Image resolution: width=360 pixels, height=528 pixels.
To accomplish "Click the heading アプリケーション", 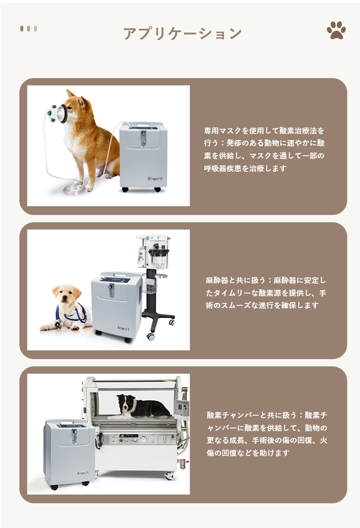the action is pyautogui.click(x=182, y=34).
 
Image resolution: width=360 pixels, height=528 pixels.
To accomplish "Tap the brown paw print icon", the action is pyautogui.click(x=336, y=30).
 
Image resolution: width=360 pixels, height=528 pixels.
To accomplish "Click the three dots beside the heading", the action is pyautogui.click(x=29, y=29).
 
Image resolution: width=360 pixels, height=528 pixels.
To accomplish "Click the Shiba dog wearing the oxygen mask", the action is pyautogui.click(x=91, y=138).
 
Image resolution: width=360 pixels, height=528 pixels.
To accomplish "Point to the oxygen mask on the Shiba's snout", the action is pyautogui.click(x=58, y=113).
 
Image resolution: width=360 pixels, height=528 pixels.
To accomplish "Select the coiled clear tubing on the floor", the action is pyautogui.click(x=74, y=189).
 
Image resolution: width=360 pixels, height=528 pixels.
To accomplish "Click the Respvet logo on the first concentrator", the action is pyautogui.click(x=155, y=178).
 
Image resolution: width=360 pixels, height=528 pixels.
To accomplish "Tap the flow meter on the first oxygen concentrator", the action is pyautogui.click(x=143, y=138).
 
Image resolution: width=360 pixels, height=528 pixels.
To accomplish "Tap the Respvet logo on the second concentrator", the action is pyautogui.click(x=123, y=328).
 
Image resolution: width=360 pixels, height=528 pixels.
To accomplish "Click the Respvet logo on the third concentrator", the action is pyautogui.click(x=83, y=473).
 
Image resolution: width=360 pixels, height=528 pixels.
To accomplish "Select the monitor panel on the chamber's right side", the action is pyautogui.click(x=182, y=409).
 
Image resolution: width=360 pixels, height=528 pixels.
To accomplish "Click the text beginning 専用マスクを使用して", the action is pyautogui.click(x=264, y=149).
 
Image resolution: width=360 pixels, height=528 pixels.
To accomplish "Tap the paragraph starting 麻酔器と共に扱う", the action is pyautogui.click(x=266, y=293).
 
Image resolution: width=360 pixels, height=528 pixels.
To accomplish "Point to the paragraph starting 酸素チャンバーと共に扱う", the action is pyautogui.click(x=267, y=434).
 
